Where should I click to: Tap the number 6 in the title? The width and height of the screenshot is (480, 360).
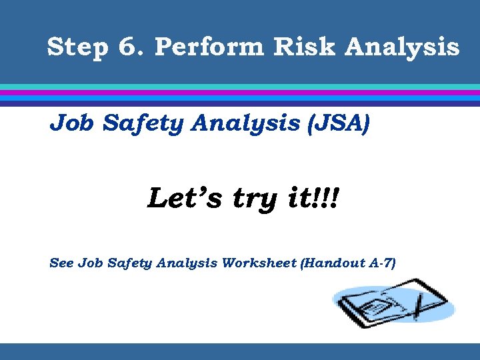pos(127,47)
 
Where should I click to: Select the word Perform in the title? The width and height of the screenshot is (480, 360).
pos(197,47)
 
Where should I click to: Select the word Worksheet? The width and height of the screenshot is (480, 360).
pos(260,263)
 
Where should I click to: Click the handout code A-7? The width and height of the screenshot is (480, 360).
pos(381,263)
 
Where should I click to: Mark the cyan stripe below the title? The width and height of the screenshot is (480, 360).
pos(240,87)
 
